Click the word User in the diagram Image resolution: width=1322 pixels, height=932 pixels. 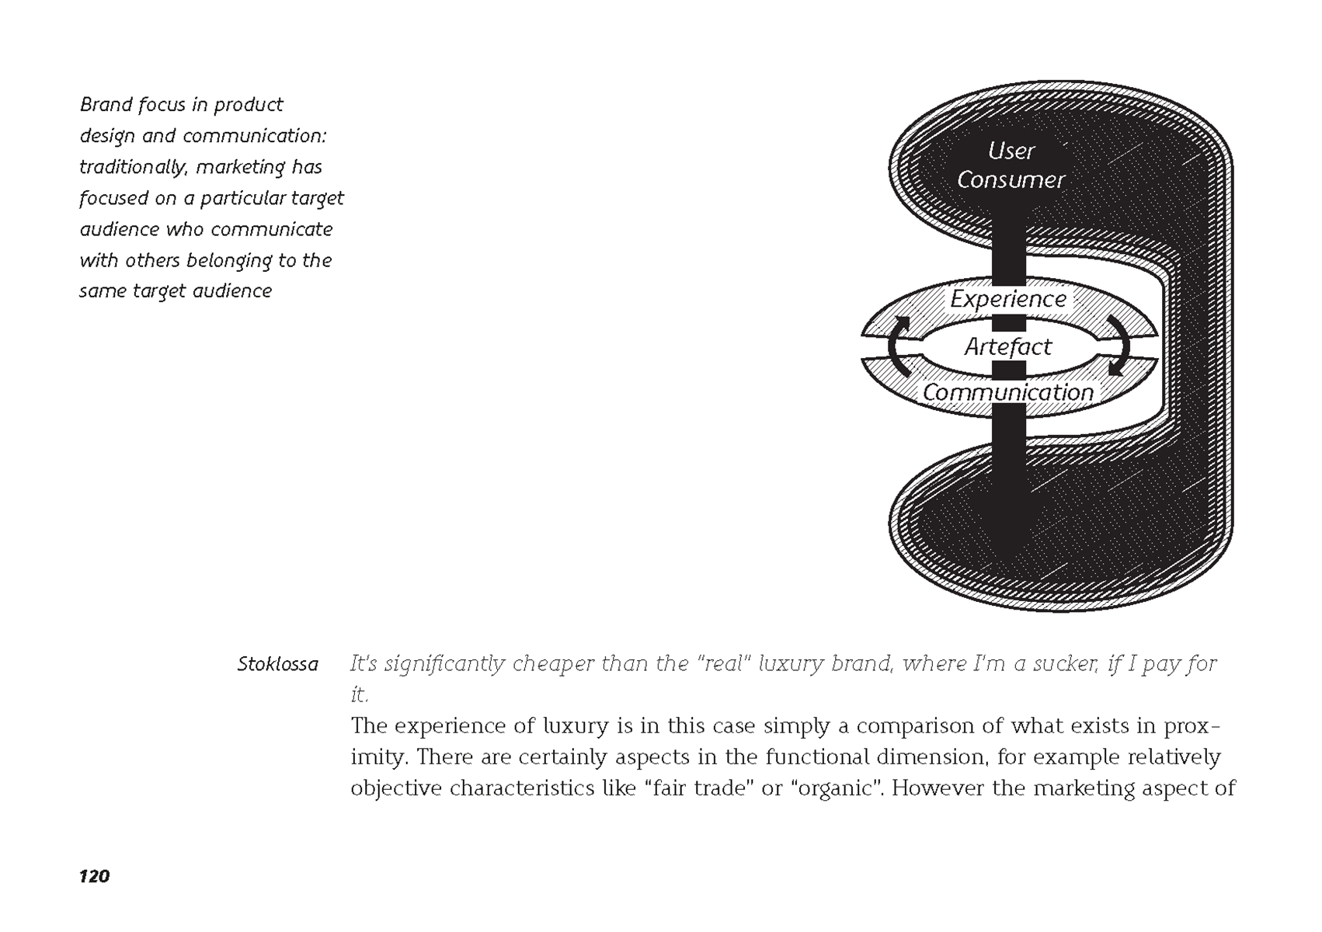(1011, 150)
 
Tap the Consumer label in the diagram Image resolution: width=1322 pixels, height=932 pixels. (1011, 180)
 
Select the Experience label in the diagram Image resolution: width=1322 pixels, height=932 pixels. (1008, 299)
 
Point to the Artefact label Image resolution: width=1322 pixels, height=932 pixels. (1008, 346)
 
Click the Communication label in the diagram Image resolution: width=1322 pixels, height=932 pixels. (1008, 393)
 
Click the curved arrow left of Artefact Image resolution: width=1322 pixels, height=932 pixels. (898, 346)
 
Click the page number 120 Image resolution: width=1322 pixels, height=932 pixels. (94, 877)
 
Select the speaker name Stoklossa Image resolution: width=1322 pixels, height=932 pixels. (277, 665)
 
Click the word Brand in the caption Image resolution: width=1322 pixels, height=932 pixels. (106, 104)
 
